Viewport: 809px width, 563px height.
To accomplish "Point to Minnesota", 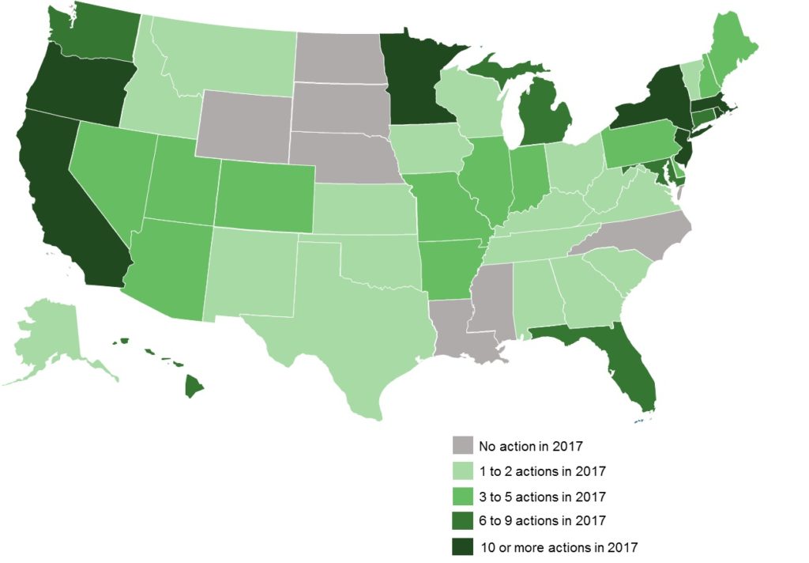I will pos(415,79).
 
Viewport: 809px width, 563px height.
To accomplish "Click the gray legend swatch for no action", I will pos(463,446).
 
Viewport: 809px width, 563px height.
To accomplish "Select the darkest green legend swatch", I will pos(463,546).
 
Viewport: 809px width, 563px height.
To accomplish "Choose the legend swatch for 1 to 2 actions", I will pos(463,471).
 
